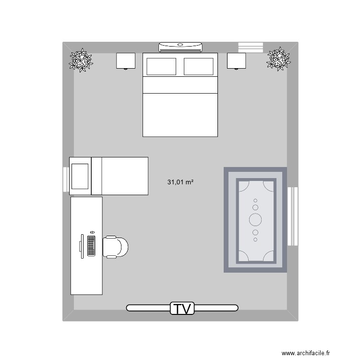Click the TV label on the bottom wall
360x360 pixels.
(182, 308)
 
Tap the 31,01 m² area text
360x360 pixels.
(180, 182)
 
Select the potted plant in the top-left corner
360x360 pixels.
(80, 60)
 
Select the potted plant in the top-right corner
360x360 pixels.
(278, 59)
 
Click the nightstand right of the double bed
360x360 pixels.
(237, 61)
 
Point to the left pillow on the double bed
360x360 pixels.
(161, 66)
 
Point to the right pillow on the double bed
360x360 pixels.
(198, 66)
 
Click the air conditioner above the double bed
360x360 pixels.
(180, 47)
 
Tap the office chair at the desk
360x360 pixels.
(116, 247)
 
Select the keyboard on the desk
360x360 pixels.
(91, 245)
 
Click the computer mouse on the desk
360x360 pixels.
(92, 232)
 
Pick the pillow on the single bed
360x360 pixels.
(80, 176)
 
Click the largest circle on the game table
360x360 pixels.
(255, 220)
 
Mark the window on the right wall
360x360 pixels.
(293, 216)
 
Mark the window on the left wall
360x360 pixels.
(66, 180)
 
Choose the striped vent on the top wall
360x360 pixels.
(251, 46)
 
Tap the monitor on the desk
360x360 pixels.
(82, 246)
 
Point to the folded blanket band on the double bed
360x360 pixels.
(180, 85)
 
